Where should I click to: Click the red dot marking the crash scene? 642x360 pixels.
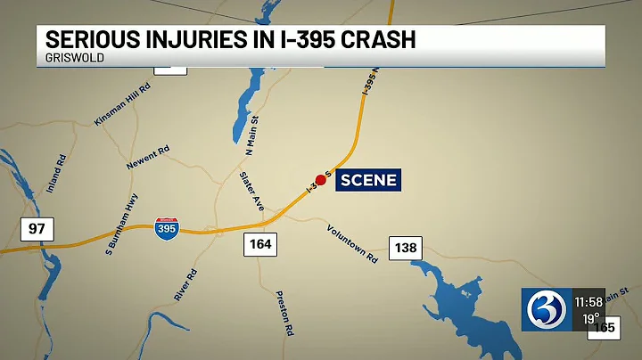[321, 179]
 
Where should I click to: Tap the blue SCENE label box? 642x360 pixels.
[368, 180]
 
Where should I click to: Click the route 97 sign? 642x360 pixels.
[36, 230]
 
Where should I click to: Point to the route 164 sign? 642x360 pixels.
[260, 242]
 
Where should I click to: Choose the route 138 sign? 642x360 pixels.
[405, 247]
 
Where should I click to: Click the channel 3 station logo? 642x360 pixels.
[542, 309]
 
